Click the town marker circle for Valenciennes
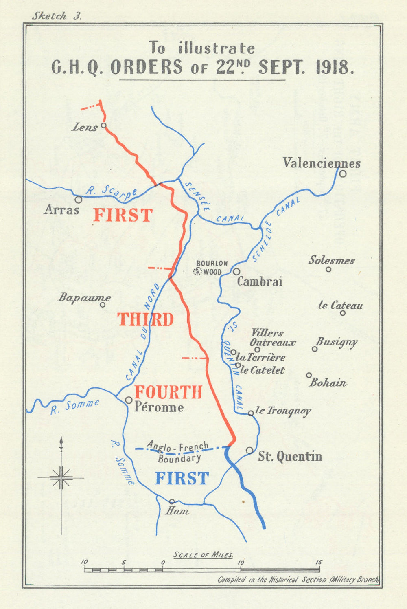click(x=343, y=174)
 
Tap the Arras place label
click(x=61, y=210)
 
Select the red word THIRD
click(x=146, y=320)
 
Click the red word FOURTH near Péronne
click(x=168, y=392)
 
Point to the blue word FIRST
click(x=182, y=478)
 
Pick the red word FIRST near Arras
click(x=123, y=215)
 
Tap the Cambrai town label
click(x=260, y=281)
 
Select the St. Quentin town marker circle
click(x=249, y=450)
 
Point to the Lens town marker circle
click(x=103, y=125)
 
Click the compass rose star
click(x=61, y=477)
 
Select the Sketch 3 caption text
click(x=57, y=16)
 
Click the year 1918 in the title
click(x=333, y=67)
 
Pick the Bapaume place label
click(x=84, y=297)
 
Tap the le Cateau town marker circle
click(x=343, y=313)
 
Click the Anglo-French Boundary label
click(x=178, y=452)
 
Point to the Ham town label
click(x=177, y=511)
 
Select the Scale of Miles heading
click(x=203, y=555)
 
